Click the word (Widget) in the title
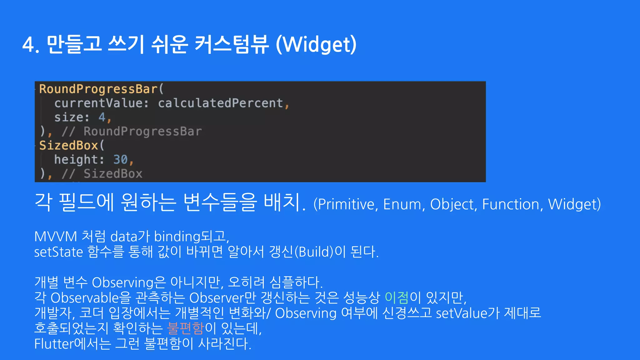[x=316, y=45]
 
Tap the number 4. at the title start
[x=31, y=45]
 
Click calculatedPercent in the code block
[x=220, y=103]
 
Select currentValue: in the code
[x=102, y=103]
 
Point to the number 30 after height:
[x=120, y=160]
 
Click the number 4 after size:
[x=102, y=117]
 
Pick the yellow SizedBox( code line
[x=72, y=146]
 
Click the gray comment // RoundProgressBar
[x=132, y=132]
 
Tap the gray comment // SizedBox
[x=102, y=174]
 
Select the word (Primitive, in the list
[x=346, y=204]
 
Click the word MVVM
[x=56, y=237]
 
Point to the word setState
[x=58, y=252]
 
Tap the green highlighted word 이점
[x=396, y=297]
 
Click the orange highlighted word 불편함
[x=186, y=328]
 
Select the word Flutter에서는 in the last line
[x=72, y=344]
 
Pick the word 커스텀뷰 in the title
[x=232, y=45]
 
